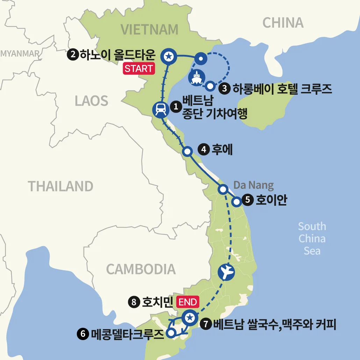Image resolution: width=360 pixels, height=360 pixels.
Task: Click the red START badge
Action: click(x=139, y=69)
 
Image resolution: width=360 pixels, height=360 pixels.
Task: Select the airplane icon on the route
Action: click(x=226, y=272)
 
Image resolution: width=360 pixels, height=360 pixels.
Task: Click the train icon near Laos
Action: click(x=161, y=109)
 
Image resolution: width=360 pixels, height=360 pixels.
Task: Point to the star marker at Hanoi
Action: click(x=169, y=56)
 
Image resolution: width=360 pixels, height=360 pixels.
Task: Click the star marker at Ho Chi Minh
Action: click(x=189, y=318)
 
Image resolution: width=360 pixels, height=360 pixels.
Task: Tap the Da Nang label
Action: click(x=253, y=185)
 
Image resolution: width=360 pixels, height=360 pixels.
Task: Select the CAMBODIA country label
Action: click(x=141, y=269)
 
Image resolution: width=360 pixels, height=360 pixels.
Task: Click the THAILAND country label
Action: click(x=60, y=186)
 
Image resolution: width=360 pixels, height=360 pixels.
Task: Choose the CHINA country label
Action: click(x=283, y=23)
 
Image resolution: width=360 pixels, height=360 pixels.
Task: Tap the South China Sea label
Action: click(x=312, y=238)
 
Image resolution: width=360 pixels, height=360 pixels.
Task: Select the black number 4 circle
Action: click(x=203, y=150)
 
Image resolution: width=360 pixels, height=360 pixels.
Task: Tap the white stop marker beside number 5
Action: click(x=237, y=201)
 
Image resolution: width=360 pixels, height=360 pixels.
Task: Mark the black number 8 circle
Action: click(x=134, y=302)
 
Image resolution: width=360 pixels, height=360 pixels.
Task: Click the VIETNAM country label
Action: click(x=150, y=30)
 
